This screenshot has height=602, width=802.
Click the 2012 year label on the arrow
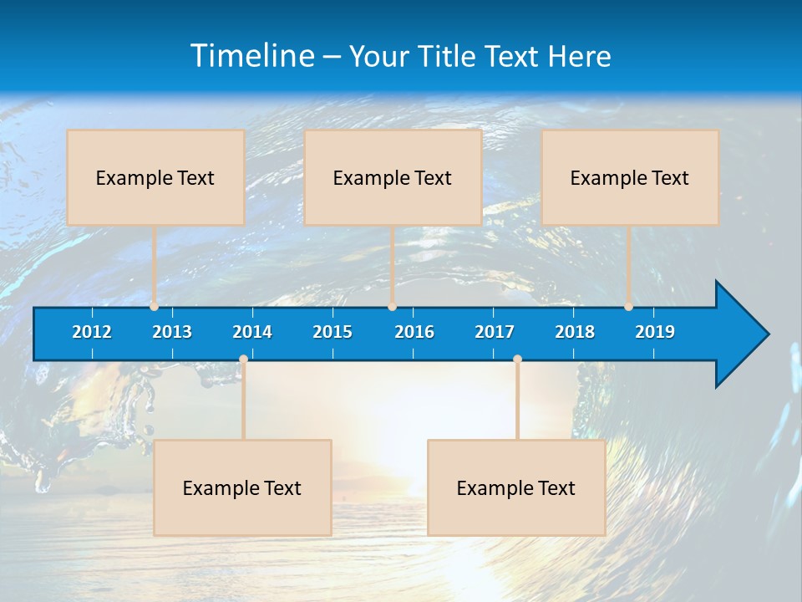click(x=92, y=332)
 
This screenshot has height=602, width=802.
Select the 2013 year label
click(x=172, y=332)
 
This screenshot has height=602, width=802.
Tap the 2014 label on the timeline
click(x=252, y=332)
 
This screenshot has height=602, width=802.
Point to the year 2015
click(x=332, y=332)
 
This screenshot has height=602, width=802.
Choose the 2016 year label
click(x=414, y=332)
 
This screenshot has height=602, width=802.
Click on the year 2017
click(x=495, y=332)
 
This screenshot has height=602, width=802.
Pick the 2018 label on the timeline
click(x=575, y=332)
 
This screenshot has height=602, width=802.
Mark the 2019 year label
click(x=655, y=332)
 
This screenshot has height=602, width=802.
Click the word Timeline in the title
click(x=252, y=55)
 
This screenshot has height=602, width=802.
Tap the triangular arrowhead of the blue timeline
click(x=739, y=334)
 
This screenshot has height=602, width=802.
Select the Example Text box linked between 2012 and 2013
click(x=155, y=177)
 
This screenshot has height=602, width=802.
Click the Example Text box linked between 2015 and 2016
click(x=393, y=177)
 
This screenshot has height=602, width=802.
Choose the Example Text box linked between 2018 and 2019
click(x=630, y=177)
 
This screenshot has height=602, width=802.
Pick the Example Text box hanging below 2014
click(x=242, y=487)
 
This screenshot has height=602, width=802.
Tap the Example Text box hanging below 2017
click(x=516, y=487)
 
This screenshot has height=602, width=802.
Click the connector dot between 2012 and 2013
click(x=154, y=307)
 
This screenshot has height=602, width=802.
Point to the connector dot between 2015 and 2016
click(x=392, y=307)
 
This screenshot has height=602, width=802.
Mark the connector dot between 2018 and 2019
click(x=628, y=307)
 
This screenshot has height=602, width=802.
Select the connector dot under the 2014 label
click(x=243, y=360)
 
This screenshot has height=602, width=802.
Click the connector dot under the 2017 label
click(x=517, y=360)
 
